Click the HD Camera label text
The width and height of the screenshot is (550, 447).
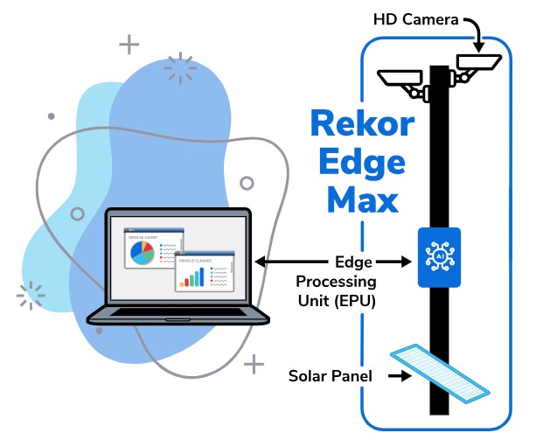click(x=414, y=17)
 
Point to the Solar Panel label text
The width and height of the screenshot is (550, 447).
click(x=331, y=377)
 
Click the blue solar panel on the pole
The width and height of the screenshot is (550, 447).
click(x=438, y=371)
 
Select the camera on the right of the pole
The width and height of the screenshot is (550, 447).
click(x=477, y=63)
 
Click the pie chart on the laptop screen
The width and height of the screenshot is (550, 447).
click(x=142, y=253)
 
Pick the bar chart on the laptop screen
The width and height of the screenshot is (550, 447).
click(x=193, y=276)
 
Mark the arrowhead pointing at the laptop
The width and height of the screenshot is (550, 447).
click(x=260, y=262)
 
